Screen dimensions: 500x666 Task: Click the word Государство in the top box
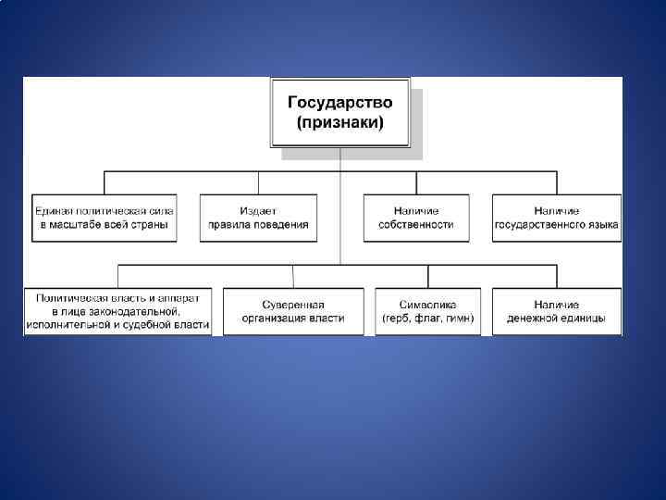tap(339, 102)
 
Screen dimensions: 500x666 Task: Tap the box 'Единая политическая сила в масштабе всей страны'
tap(104, 218)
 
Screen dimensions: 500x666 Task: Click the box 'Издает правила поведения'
tap(258, 218)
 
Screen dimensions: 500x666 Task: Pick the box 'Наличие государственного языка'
tap(557, 218)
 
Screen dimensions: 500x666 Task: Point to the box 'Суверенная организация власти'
tap(293, 311)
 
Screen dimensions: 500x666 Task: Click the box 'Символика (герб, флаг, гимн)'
tap(427, 311)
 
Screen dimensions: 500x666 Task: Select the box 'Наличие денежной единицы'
tap(557, 311)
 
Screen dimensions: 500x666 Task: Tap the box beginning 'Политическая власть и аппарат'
tap(118, 311)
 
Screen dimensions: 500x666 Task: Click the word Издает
tap(258, 211)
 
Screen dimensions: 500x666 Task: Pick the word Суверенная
tap(293, 305)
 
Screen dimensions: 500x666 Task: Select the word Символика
tap(427, 305)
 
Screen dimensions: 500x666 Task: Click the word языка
tap(600, 225)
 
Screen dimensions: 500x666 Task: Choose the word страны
tap(154, 225)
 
